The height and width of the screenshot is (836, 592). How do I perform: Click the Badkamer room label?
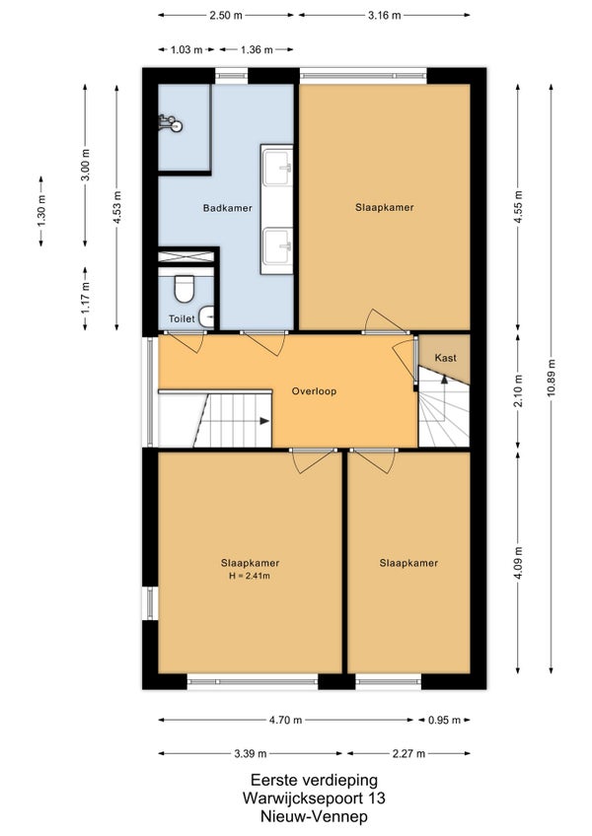(227, 208)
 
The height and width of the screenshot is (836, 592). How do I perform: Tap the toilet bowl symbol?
(185, 288)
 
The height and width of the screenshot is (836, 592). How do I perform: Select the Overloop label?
(314, 391)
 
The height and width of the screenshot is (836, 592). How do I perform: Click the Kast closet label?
(445, 358)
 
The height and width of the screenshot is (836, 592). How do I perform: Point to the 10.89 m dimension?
(552, 377)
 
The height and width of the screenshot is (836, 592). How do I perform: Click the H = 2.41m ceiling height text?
(250, 576)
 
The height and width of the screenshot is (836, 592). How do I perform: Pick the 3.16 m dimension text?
(385, 15)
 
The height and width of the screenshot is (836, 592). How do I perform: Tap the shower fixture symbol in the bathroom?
(171, 123)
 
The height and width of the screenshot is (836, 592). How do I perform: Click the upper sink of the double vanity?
(278, 167)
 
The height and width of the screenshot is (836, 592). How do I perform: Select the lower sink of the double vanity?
(278, 245)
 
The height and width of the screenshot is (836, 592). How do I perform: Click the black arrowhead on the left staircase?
(264, 421)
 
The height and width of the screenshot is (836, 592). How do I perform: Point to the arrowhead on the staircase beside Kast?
(444, 380)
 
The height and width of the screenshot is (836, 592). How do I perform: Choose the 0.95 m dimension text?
(444, 721)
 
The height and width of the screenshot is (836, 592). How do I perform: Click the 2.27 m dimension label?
(408, 753)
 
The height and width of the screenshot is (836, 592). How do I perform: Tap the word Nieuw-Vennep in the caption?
(314, 815)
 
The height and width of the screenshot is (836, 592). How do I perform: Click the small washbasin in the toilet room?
(207, 316)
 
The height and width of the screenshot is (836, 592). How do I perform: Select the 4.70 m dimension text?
(285, 721)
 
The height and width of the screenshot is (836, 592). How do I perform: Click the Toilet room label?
(182, 318)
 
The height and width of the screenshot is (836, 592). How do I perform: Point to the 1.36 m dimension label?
(257, 50)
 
